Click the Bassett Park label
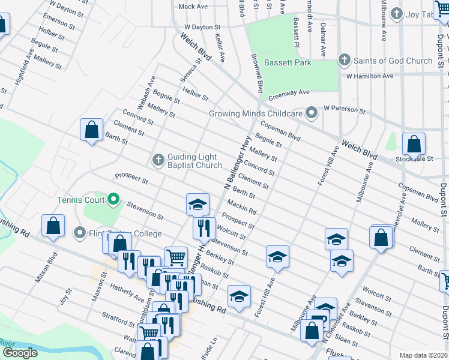(290, 62)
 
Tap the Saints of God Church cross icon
(344, 60)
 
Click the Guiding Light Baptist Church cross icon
(158, 160)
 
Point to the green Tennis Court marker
(113, 199)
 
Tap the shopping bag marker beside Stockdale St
(414, 144)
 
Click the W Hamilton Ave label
(369, 76)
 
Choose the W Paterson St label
(345, 110)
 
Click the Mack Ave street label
(193, 7)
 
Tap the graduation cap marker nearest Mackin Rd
(197, 204)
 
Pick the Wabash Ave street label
(146, 92)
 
